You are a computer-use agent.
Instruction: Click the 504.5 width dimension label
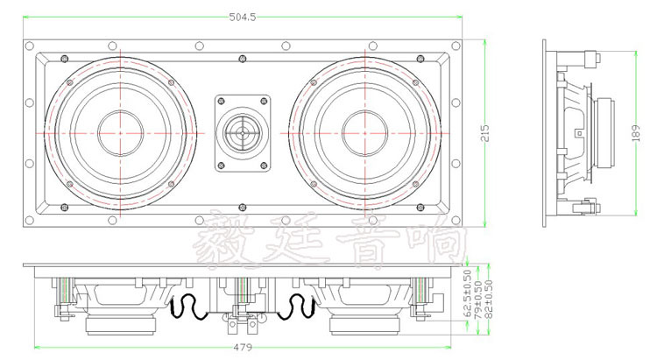point(242,18)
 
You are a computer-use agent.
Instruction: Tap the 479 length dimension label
point(243,348)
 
